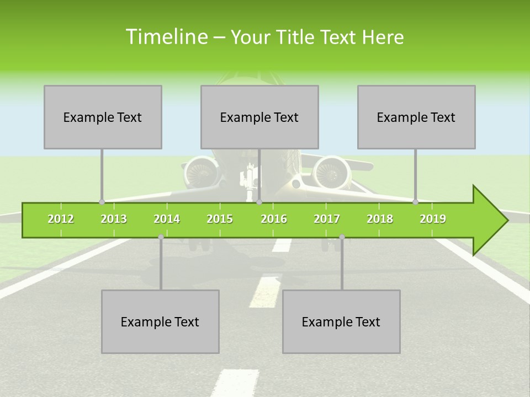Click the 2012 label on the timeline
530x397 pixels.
coord(61,219)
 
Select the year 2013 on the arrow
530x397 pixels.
coord(114,219)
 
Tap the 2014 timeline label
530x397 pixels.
coord(167,219)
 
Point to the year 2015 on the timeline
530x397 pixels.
coord(220,219)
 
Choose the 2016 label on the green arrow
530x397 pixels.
coord(274,219)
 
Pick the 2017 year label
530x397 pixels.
coord(327,219)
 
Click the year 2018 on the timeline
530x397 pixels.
coord(380,219)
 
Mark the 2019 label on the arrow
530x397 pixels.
coord(433,219)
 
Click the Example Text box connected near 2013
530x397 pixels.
coord(103,117)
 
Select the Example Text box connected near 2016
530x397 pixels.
coord(259,117)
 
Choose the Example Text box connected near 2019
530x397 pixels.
coord(416,117)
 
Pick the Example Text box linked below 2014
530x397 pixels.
coord(160,321)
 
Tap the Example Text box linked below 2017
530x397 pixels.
coord(341,321)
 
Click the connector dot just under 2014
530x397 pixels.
coord(161,237)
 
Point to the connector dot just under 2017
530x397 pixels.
coord(342,237)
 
